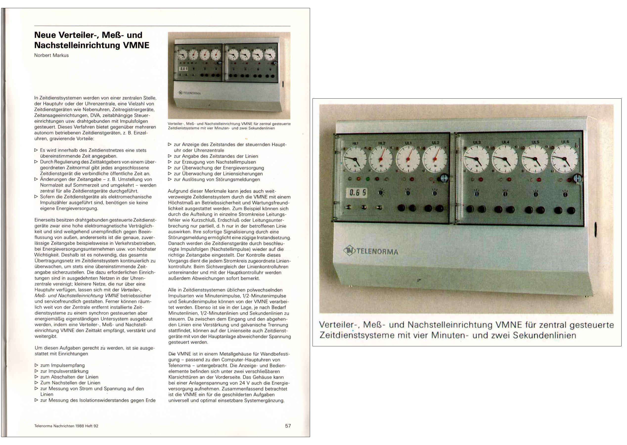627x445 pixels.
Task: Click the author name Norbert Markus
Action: click(51, 55)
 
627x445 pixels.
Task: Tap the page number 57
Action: click(288, 426)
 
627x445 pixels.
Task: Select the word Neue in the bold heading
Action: click(45, 35)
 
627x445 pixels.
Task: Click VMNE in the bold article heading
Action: click(136, 45)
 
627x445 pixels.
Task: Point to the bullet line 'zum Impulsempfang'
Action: click(62, 365)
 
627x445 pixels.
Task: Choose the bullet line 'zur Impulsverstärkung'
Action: click(64, 371)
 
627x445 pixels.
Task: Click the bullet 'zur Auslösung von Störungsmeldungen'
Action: click(217, 179)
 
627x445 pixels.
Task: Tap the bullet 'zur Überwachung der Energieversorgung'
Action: click(219, 168)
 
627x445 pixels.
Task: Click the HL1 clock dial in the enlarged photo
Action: click(355, 159)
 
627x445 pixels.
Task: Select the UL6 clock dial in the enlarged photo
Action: click(564, 159)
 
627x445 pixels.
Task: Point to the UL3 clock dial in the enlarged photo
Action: click(476, 159)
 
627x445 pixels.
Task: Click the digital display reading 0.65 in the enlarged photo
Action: click(357, 192)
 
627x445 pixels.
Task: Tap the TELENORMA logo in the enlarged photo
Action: click(371, 251)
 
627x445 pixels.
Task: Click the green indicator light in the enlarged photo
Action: click(368, 179)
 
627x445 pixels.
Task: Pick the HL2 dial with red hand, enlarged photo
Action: click(381, 159)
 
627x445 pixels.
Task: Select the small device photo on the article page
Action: click(229, 75)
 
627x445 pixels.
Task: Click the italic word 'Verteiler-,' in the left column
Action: click(131, 290)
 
